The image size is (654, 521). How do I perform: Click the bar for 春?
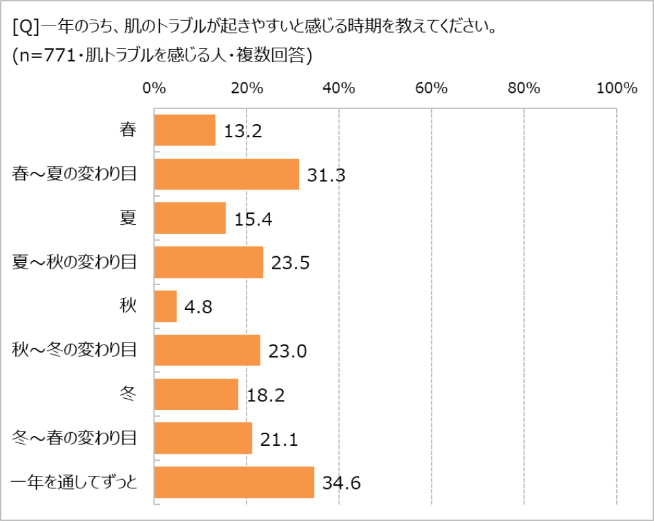click(x=185, y=130)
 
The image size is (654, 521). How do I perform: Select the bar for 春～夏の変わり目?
click(x=226, y=174)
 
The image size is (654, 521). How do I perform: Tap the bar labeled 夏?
click(x=190, y=218)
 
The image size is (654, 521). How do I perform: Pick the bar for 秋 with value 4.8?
click(x=165, y=307)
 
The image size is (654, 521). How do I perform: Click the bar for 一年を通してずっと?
click(x=234, y=482)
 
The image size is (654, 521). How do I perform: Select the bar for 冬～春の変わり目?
click(x=203, y=439)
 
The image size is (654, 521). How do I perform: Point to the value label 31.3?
click(x=326, y=175)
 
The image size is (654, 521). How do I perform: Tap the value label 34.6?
click(x=341, y=484)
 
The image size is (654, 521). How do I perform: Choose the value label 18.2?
click(x=266, y=395)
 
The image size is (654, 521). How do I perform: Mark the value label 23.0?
click(x=288, y=352)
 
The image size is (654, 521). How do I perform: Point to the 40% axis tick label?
click(x=339, y=88)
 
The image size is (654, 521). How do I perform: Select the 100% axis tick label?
click(x=617, y=88)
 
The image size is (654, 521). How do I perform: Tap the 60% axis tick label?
click(x=432, y=88)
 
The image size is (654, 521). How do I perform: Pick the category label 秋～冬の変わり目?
click(x=74, y=350)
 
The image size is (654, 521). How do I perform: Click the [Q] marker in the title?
click(x=26, y=29)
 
